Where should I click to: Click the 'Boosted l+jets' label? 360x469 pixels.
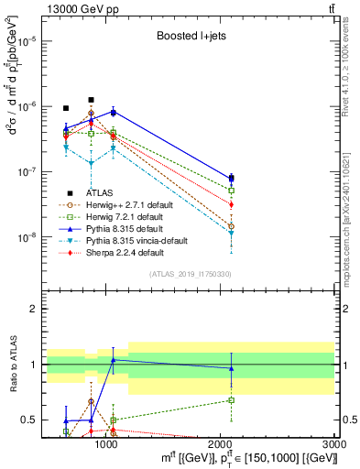pos(188,37)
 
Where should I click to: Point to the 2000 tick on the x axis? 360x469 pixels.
pos(221,444)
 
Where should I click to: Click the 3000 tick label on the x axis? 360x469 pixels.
pos(335,444)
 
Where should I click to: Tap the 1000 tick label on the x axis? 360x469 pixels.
pos(106,444)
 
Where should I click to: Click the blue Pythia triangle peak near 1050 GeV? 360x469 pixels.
pos(113,112)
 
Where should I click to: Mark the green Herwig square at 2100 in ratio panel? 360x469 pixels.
pos(232,399)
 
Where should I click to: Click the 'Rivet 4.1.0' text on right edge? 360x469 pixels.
pos(351,73)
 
